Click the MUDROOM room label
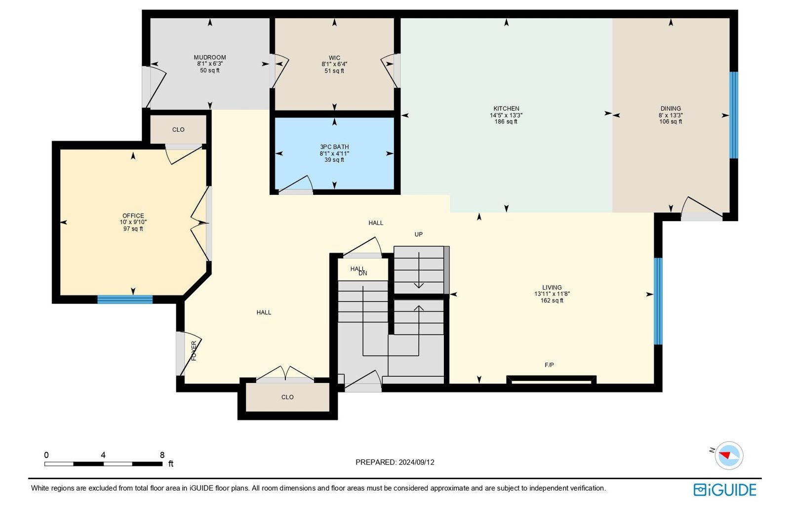(210, 57)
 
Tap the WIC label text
(334, 58)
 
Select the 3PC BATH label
(334, 147)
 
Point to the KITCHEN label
(506, 109)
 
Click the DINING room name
(671, 109)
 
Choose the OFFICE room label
(133, 216)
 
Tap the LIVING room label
(552, 288)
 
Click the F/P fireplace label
(549, 365)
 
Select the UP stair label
(419, 234)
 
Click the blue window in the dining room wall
(734, 115)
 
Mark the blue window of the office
(125, 300)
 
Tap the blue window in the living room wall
(658, 302)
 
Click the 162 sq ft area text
(552, 301)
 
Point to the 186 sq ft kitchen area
(506, 121)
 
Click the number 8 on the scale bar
(162, 455)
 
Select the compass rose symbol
(729, 455)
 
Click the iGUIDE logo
(725, 490)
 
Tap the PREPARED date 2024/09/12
(417, 462)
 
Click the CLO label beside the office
(178, 130)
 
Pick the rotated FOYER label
(194, 351)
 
